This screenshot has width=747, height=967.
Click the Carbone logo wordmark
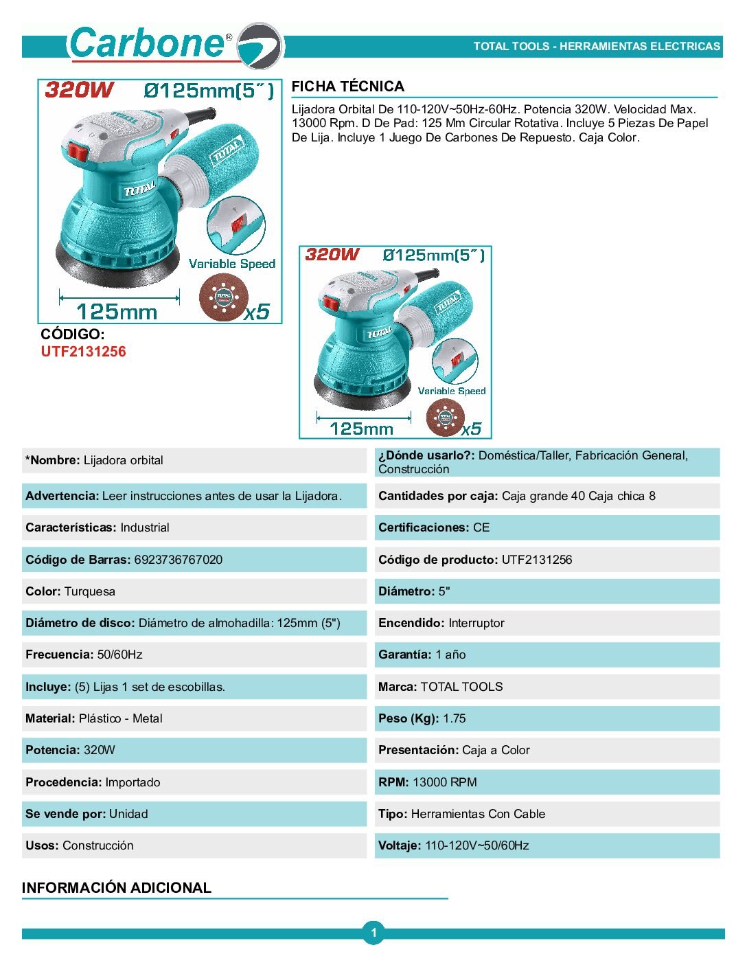[x=148, y=43]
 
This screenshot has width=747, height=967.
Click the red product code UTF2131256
[x=83, y=352]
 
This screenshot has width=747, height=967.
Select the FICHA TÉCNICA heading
[x=347, y=87]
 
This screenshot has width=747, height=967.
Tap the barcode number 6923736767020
[x=179, y=560]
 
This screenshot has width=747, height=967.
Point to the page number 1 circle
[x=373, y=933]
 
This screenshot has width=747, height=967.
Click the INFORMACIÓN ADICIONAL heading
[x=117, y=887]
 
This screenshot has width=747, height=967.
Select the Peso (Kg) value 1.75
[x=454, y=718]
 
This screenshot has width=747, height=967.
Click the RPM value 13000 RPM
[x=445, y=782]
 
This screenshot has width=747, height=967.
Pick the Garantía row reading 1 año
[x=422, y=655]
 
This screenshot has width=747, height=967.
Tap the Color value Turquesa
[x=90, y=591]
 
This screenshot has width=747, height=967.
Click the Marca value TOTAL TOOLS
[x=461, y=687]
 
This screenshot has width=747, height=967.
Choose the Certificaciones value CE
[x=481, y=527]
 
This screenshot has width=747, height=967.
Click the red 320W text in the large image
[x=79, y=90]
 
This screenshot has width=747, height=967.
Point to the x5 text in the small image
[x=471, y=429]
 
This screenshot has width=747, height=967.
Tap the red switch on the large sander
[x=78, y=152]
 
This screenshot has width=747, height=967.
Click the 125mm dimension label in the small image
[x=361, y=429]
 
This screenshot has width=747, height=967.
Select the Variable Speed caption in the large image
[x=232, y=264]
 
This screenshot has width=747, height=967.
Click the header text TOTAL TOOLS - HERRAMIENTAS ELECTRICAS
[x=597, y=47]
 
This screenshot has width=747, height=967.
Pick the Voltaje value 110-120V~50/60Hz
[x=477, y=845]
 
